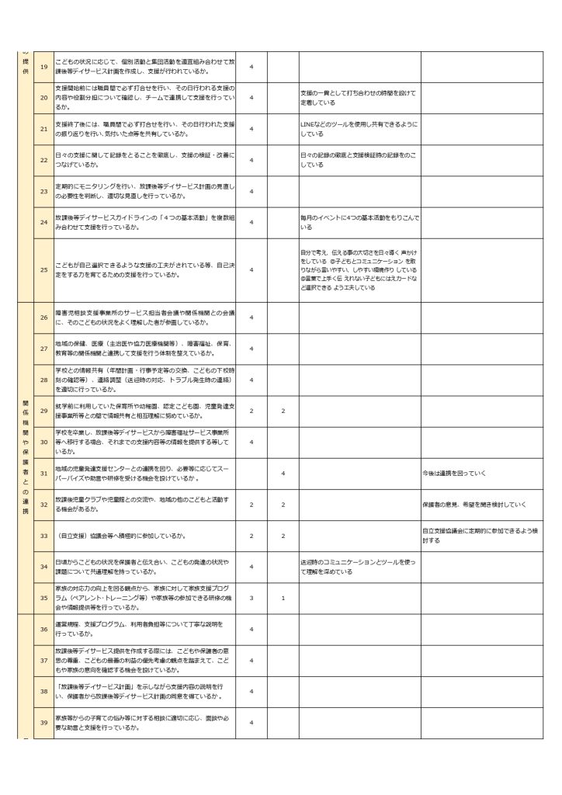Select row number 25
43,269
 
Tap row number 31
43,473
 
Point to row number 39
43,723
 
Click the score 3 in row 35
252,598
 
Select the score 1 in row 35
283,598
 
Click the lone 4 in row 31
283,473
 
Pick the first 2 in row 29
252,410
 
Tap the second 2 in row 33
283,536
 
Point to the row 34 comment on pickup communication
358,567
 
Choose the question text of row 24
144,223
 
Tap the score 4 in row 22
252,160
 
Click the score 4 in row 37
252,660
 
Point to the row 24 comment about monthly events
358,223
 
